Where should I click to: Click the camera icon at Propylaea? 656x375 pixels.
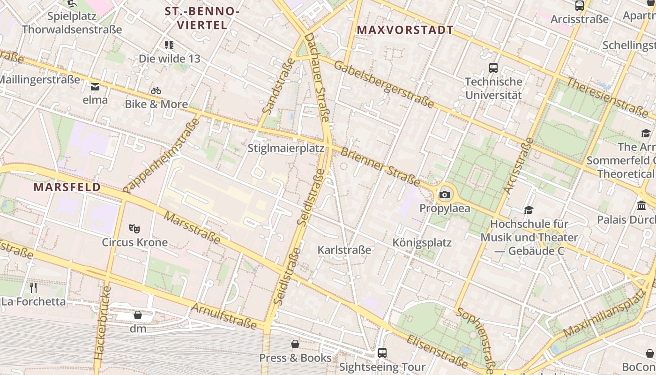(445, 195)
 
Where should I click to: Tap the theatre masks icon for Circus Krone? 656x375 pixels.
(134, 229)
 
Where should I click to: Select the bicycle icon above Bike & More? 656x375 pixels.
(156, 90)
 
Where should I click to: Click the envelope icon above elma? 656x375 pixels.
(95, 86)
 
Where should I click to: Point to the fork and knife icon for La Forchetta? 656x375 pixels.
(33, 287)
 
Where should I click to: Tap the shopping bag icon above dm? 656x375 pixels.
(138, 315)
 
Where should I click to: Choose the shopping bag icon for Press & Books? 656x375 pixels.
(295, 345)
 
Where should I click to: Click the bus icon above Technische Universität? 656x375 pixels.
(493, 68)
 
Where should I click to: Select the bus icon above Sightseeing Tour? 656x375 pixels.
(382, 353)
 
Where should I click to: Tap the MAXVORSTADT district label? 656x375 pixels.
(405, 30)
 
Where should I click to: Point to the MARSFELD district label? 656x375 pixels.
(67, 187)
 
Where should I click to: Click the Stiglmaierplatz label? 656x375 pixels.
(286, 149)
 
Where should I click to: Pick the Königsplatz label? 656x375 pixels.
(422, 242)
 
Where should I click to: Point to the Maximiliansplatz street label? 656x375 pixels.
(604, 313)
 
